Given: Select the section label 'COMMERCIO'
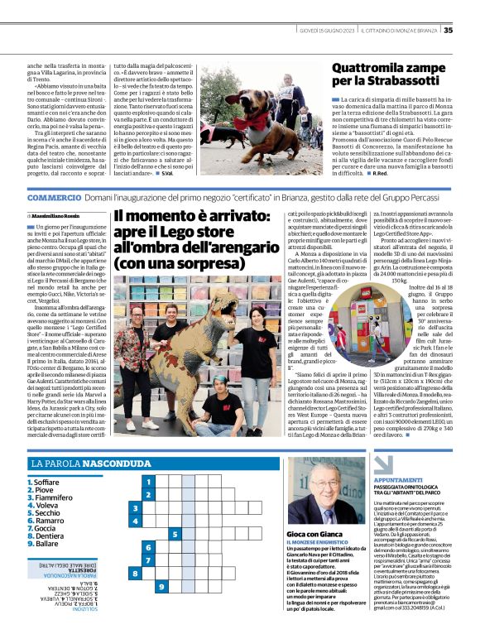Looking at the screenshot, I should point(53,199).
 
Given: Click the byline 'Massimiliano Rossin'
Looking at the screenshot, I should point(56,215).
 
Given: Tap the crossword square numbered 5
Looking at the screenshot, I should point(175,533).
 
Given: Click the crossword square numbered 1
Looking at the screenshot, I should point(148,481).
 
